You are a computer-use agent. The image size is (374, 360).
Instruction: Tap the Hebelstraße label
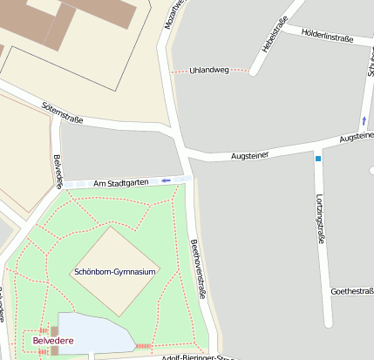click(270, 34)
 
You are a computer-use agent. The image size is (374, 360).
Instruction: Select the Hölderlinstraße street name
click(326, 37)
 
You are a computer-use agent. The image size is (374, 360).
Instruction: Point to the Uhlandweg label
click(208, 69)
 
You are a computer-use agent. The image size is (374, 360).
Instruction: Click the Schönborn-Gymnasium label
click(115, 272)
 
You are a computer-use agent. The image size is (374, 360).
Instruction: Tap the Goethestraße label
click(351, 291)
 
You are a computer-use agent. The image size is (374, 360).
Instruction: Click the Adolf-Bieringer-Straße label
click(197, 357)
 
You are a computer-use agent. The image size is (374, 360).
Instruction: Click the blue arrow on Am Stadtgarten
click(167, 180)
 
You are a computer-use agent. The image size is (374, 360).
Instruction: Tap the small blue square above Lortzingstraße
click(318, 160)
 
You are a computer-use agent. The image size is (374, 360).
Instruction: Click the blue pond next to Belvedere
click(92, 334)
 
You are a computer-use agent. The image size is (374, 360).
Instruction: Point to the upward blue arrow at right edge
click(364, 120)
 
